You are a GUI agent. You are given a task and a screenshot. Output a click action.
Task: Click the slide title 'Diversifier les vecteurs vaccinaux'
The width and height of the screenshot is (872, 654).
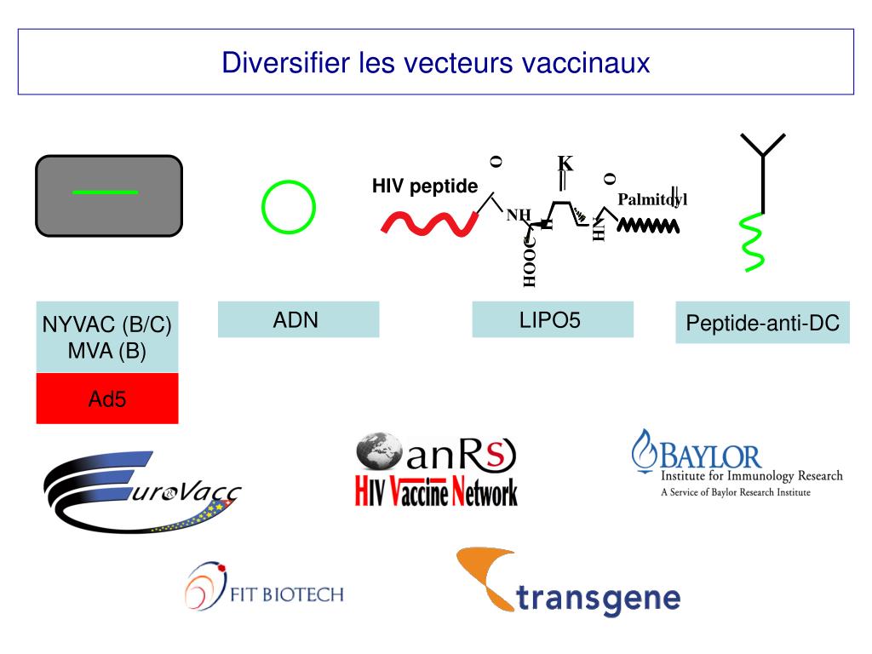tap(435, 63)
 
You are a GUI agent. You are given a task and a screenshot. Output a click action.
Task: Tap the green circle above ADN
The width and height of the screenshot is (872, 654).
tap(288, 207)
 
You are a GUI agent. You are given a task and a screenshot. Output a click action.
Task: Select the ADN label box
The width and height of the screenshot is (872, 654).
tap(298, 320)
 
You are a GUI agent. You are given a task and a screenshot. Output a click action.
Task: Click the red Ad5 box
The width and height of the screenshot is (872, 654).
tap(107, 398)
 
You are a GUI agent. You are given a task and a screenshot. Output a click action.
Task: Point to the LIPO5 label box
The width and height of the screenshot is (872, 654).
tap(553, 320)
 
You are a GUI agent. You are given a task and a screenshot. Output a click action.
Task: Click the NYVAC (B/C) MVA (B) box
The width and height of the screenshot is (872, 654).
tap(107, 337)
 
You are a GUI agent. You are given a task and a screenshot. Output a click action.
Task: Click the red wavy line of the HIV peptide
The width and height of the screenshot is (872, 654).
tap(426, 222)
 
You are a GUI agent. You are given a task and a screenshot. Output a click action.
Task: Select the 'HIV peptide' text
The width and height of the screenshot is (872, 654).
tap(424, 186)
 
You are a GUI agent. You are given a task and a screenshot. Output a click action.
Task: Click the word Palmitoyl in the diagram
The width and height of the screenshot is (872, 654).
tap(651, 199)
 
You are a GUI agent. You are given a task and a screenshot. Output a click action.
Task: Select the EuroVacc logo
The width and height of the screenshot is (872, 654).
tap(141, 492)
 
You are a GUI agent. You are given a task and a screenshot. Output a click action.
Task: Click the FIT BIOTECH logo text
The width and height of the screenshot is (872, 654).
tap(287, 594)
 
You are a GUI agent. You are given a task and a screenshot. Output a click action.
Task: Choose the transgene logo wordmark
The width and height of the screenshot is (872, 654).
tap(599, 599)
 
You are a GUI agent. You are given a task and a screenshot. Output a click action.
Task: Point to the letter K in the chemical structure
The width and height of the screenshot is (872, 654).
tap(565, 163)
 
